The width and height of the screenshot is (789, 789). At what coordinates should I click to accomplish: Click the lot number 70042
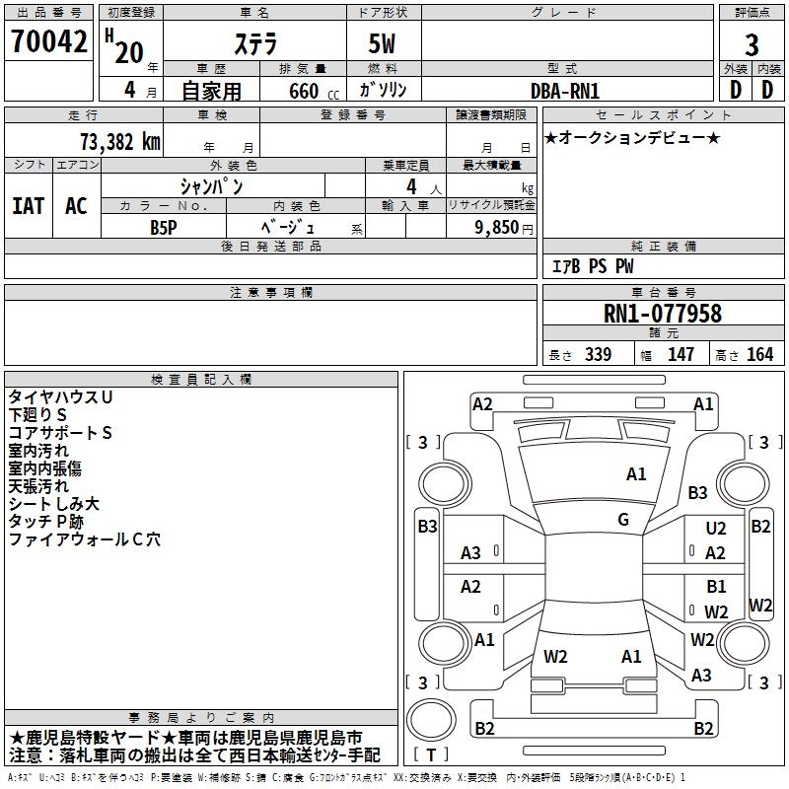click(48, 41)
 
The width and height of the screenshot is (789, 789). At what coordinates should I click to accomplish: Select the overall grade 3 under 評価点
click(752, 45)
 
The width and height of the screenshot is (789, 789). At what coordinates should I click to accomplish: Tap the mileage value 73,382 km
click(120, 142)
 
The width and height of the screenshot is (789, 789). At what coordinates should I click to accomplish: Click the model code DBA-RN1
click(565, 91)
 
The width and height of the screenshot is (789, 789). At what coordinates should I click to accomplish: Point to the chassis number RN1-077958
click(662, 313)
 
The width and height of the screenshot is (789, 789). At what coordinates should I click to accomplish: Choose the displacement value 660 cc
click(314, 91)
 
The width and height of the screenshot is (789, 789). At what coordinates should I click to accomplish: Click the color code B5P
click(164, 228)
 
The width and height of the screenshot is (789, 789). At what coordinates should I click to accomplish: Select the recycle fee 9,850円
click(504, 228)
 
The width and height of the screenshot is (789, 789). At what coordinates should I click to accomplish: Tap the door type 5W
click(382, 43)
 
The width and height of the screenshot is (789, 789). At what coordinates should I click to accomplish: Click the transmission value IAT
click(29, 206)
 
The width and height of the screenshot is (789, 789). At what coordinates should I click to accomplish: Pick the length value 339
click(598, 354)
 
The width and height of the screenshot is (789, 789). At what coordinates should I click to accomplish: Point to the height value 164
click(759, 354)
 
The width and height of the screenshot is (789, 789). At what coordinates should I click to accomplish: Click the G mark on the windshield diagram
click(623, 520)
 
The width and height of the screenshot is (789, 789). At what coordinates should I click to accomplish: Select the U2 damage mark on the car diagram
click(716, 529)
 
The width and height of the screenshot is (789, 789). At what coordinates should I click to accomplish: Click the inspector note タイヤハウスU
click(60, 397)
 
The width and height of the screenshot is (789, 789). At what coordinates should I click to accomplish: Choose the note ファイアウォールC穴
click(85, 539)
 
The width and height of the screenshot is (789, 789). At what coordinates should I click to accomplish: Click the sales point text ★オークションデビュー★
click(632, 138)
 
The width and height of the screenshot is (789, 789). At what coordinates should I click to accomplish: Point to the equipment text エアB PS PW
click(593, 266)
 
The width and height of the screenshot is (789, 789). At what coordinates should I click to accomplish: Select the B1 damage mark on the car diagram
click(716, 587)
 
